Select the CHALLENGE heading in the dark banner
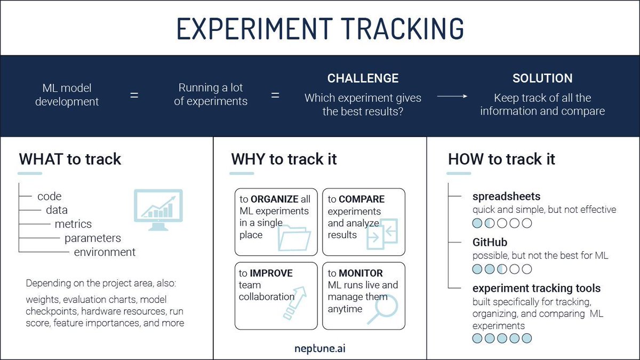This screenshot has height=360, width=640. pos(363,78)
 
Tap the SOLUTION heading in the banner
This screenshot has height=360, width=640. pos(542,78)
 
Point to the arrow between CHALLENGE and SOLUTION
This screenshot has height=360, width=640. pos(452,97)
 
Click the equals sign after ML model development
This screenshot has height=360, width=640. pos(134,95)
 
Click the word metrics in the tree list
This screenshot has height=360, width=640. pos(73,224)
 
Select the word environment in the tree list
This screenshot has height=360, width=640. pos(105,252)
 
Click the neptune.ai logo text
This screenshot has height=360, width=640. pos(320,348)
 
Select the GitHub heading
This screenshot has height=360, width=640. pos(490,243)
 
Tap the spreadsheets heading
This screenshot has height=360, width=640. pos(506,196)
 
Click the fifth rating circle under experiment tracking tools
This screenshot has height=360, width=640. pos(527,338)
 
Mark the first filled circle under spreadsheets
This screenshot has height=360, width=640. pos(477,223)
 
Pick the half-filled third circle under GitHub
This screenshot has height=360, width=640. pos(502,269)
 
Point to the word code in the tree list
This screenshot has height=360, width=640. pos(50,196)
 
